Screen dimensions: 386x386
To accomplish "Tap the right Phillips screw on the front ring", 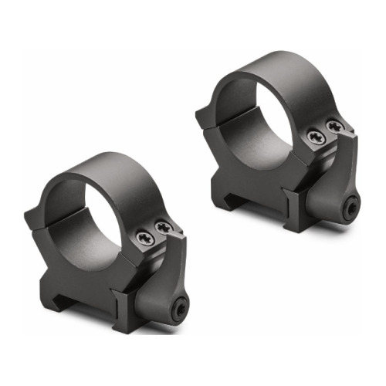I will (164, 228).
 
